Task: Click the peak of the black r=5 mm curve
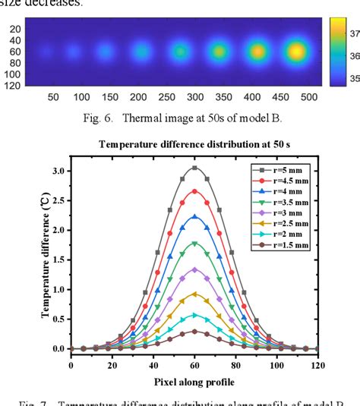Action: (x=194, y=168)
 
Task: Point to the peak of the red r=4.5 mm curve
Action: (x=194, y=191)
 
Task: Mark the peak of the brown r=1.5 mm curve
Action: (x=194, y=331)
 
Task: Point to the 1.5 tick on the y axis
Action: (x=58, y=260)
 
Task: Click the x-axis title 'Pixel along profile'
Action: (x=194, y=380)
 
